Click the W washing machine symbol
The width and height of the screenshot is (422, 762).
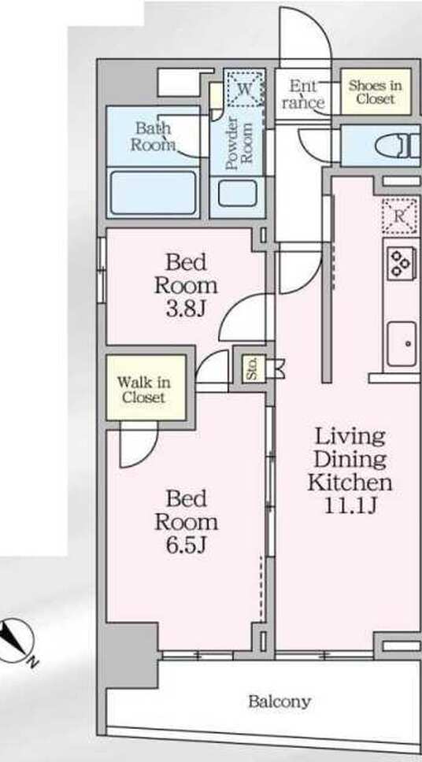click(246, 89)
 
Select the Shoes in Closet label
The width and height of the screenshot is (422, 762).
click(375, 92)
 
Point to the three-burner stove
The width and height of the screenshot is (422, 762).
click(402, 263)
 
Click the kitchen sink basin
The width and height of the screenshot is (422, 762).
click(402, 344)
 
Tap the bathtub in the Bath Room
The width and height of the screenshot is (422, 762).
click(153, 192)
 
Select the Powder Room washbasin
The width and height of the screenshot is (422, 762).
click(237, 193)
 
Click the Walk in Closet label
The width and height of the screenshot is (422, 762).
click(143, 390)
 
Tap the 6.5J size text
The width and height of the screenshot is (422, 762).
click(187, 546)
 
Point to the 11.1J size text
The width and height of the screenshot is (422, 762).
click(350, 506)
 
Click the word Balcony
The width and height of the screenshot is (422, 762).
click(279, 701)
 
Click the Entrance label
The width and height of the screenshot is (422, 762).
click(304, 94)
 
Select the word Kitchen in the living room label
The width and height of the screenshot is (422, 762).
click(350, 483)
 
